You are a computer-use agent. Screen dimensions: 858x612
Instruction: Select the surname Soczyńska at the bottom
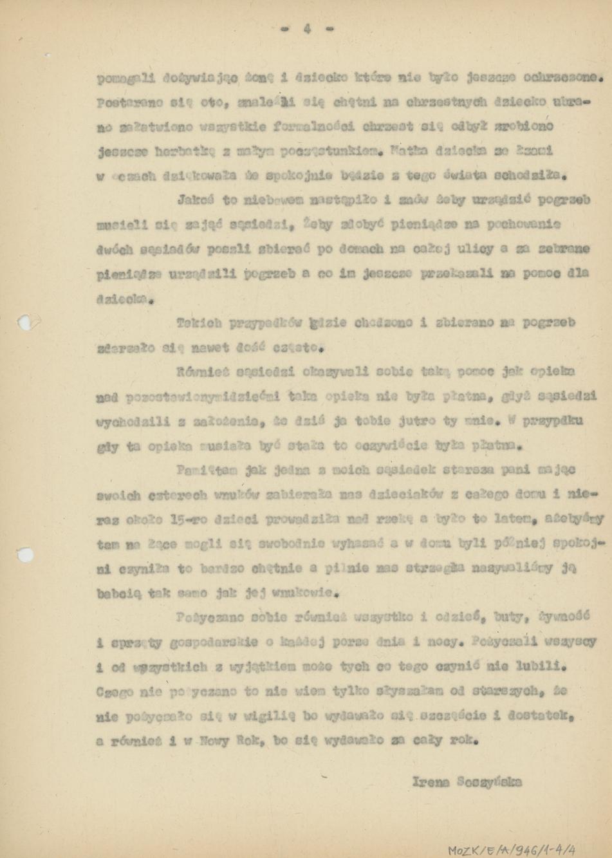pyautogui.click(x=488, y=782)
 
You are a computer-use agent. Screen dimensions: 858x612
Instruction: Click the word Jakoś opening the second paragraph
pyautogui.click(x=196, y=200)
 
